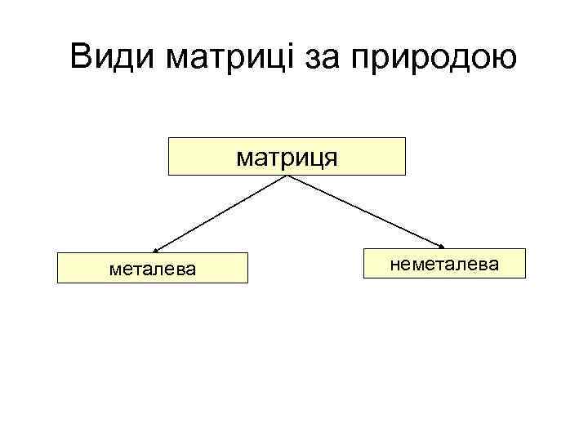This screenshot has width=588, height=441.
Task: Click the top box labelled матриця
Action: [x=287, y=156]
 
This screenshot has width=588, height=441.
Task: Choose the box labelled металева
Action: [x=153, y=268]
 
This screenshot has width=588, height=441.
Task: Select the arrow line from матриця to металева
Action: [x=220, y=212]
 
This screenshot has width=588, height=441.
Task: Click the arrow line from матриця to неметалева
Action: [x=367, y=212]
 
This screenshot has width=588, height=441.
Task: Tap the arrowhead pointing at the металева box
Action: [x=156, y=250]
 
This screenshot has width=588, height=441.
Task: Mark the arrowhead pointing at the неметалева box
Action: [x=443, y=246]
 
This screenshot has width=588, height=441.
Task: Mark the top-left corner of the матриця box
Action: [x=168, y=138]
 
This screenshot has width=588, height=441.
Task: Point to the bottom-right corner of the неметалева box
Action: [x=526, y=278]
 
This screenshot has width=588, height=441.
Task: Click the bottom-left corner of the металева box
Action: [x=57, y=283]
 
